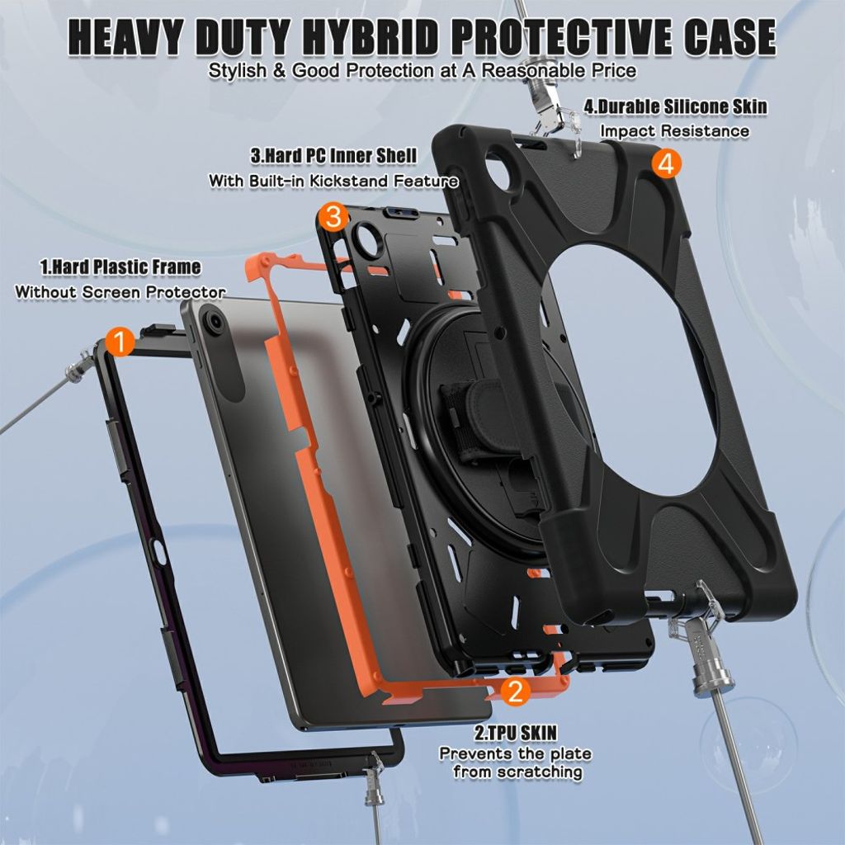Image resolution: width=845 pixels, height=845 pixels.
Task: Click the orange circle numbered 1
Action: click(x=120, y=341)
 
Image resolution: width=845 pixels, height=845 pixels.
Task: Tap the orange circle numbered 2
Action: click(x=515, y=691)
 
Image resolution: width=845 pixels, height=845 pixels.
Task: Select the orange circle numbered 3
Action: click(x=334, y=217)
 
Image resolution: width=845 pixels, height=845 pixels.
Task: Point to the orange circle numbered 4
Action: click(x=667, y=164)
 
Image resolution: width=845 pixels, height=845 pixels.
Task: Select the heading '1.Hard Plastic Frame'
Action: click(x=120, y=267)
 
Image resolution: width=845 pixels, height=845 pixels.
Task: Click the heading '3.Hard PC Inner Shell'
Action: click(x=333, y=156)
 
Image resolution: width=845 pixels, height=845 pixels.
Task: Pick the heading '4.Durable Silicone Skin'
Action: click(x=675, y=106)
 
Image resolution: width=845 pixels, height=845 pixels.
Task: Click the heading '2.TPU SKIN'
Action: click(x=515, y=733)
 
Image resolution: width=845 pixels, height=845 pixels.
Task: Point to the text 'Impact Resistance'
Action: click(x=675, y=131)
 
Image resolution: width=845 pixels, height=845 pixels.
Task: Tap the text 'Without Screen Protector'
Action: click(x=120, y=292)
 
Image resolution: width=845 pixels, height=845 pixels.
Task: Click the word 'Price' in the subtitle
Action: click(x=611, y=71)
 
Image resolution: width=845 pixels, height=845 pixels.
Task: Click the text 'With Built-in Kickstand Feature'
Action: click(x=333, y=181)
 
